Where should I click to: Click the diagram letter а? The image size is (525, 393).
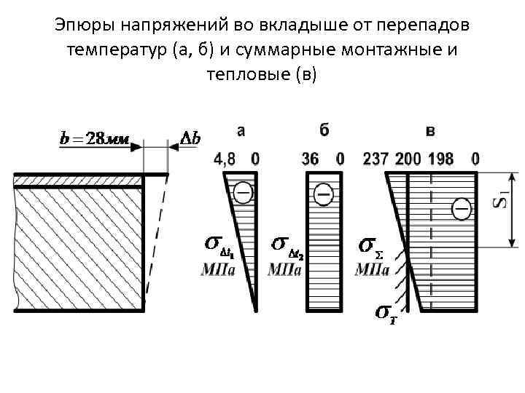point(241,131)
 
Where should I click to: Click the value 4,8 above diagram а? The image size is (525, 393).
point(226,158)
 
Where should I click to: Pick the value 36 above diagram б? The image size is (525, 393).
point(310,158)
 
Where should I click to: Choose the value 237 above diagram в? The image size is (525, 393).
point(376,158)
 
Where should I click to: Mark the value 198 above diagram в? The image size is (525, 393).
point(442,158)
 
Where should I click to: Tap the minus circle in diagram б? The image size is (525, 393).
point(324,194)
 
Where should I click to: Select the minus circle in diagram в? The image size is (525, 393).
point(461,209)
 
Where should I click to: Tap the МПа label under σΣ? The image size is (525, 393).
point(371,270)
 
